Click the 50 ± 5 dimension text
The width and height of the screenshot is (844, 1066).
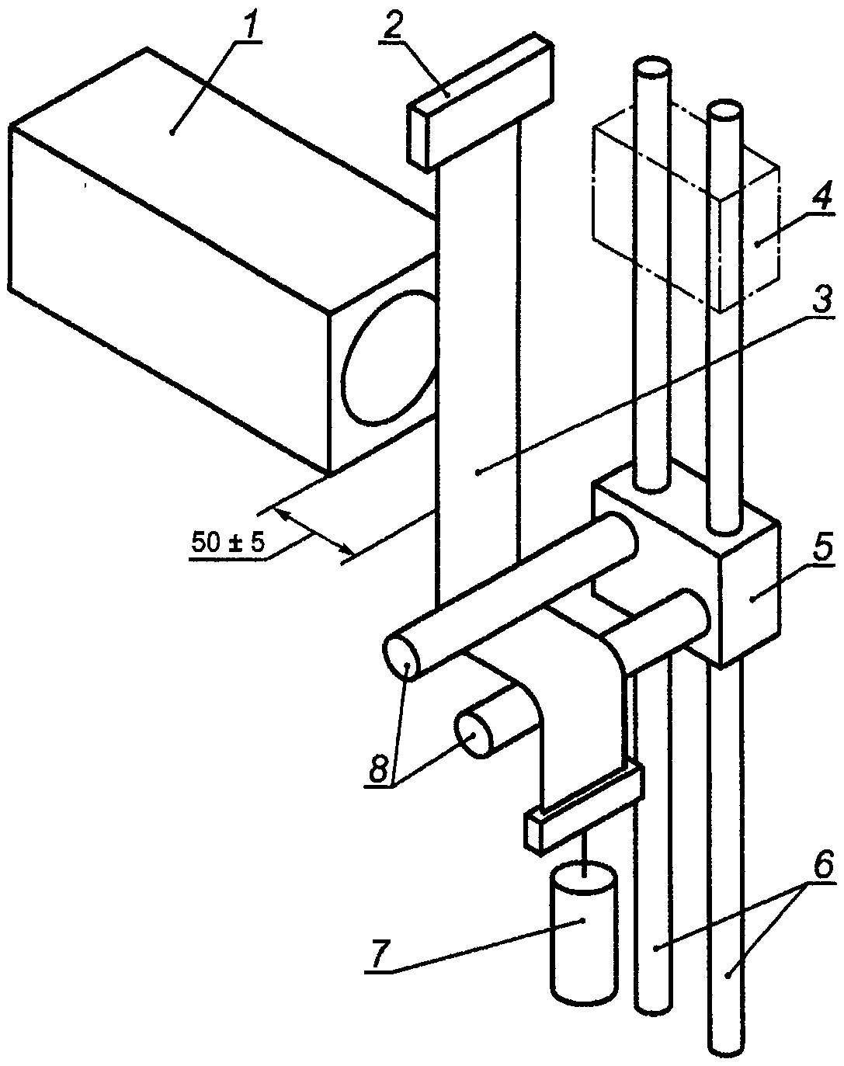tap(227, 543)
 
